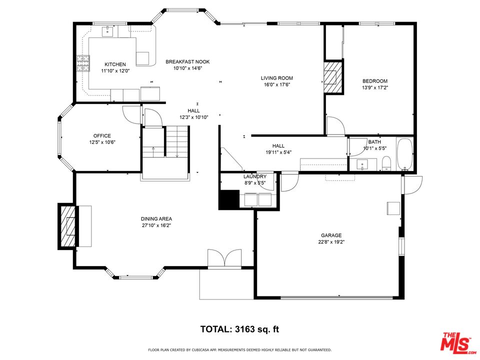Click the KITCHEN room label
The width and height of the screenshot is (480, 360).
coord(115,64)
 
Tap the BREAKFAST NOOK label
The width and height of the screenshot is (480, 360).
coord(187,61)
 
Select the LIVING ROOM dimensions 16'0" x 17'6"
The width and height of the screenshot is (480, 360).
coord(276,84)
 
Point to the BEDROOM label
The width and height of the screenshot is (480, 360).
coord(375,81)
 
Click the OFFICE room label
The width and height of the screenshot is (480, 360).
coord(102,135)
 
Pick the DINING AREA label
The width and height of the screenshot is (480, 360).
coord(156,219)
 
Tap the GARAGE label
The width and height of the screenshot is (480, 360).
coord(331,235)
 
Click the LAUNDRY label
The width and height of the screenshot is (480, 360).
coord(255,176)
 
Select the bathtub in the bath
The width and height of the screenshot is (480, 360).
coord(404,154)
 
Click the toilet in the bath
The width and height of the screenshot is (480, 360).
coord(387,163)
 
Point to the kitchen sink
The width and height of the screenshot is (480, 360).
coord(108,31)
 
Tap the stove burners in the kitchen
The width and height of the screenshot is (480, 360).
coord(83,63)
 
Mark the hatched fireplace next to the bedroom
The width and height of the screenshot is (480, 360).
coord(333,77)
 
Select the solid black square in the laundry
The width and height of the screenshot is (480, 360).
coord(229,199)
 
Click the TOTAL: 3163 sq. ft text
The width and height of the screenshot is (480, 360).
coord(239,329)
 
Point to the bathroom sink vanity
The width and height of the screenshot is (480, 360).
coord(363,164)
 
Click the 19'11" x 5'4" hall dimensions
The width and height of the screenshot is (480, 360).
coord(278,152)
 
